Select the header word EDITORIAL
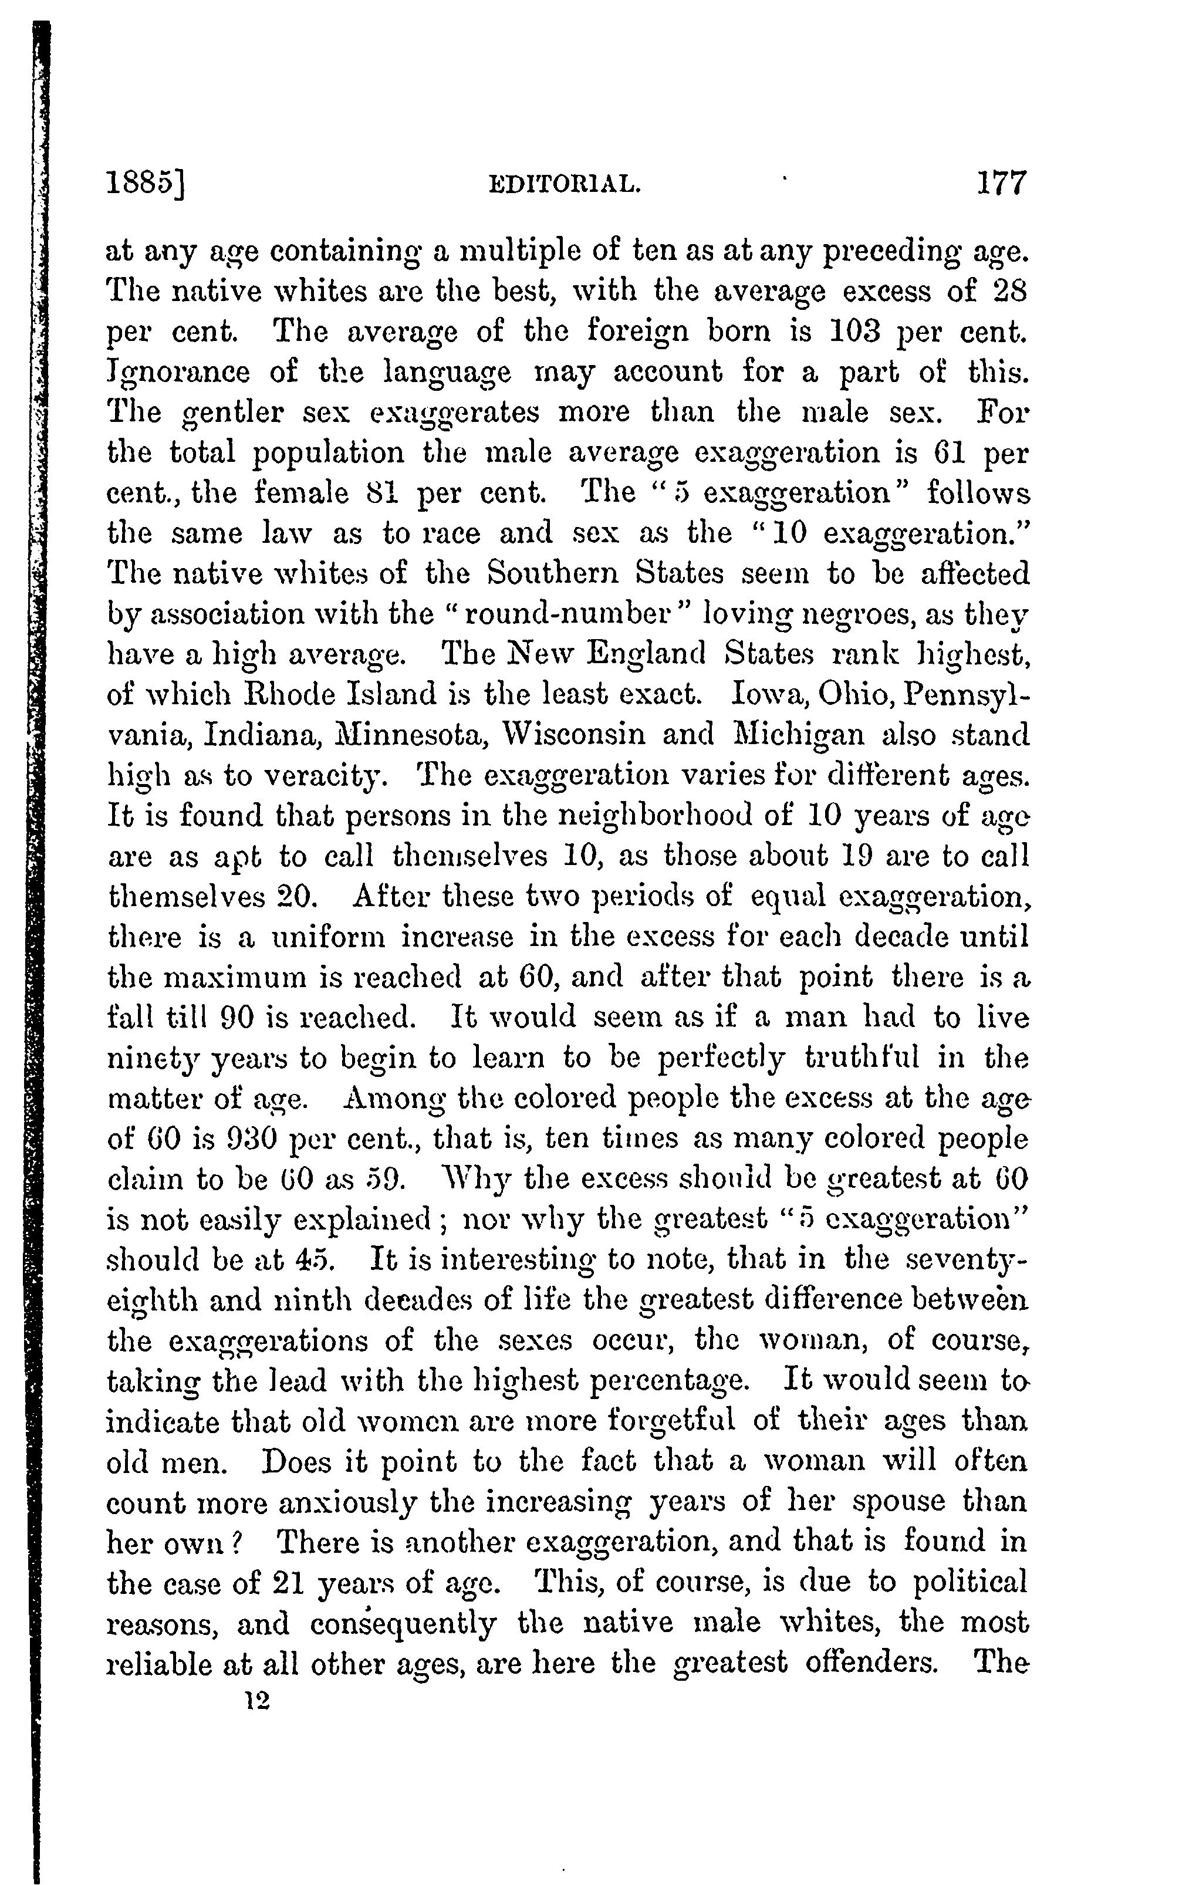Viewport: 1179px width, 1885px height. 565,185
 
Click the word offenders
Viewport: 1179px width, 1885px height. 870,1664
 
